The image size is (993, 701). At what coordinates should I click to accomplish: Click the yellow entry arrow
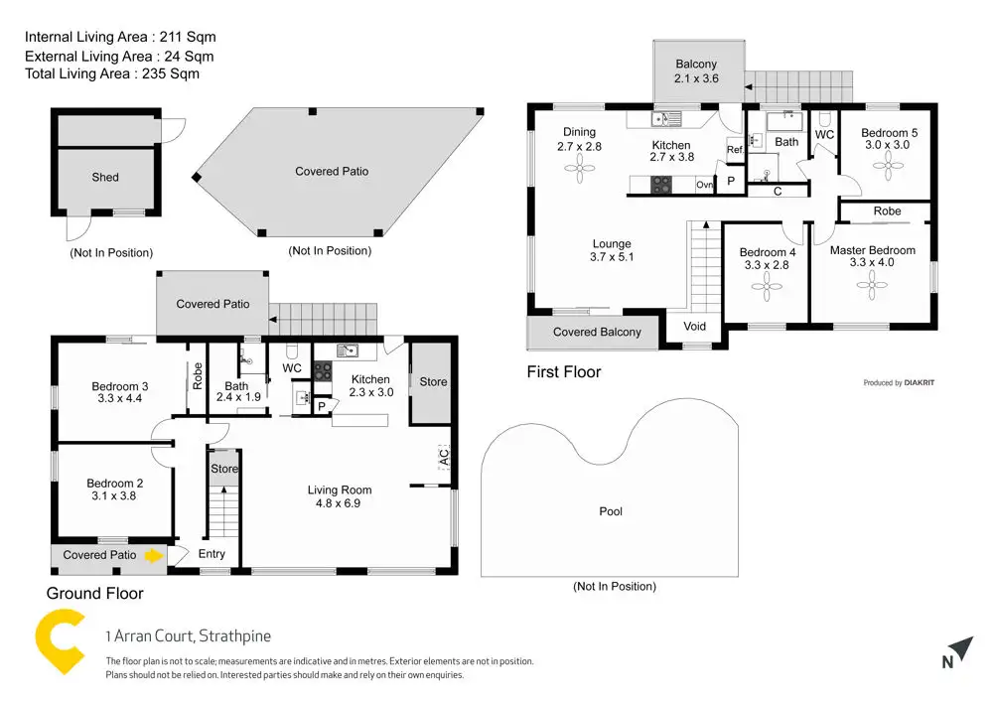coord(152,556)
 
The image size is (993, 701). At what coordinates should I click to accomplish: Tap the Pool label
coord(611,511)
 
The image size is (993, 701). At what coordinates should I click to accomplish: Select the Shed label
coord(105,178)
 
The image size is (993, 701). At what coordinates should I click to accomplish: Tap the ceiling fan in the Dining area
coord(579,169)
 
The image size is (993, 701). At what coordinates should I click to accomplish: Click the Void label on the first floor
coord(695,327)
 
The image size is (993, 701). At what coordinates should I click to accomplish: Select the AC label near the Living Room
coord(444,458)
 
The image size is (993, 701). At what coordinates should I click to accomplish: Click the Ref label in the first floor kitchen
coord(735,150)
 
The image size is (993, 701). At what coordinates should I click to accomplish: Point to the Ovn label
coord(704,185)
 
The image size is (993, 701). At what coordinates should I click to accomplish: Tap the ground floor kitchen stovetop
coord(323,370)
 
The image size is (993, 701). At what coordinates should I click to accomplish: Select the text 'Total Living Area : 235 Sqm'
coord(112,73)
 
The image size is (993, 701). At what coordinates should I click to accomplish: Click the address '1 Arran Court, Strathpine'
coord(188,636)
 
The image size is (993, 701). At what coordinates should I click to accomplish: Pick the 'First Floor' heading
coord(564,372)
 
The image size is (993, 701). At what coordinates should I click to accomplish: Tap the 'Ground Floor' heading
coord(95,594)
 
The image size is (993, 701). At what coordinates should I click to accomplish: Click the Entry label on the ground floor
coord(212,554)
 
